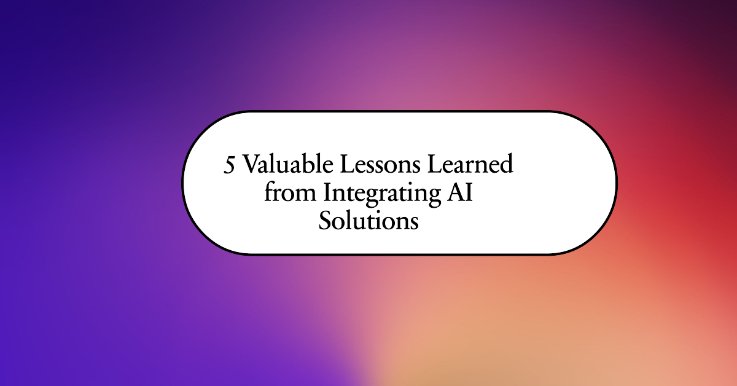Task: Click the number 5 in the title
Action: (230, 167)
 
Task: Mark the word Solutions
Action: (368, 220)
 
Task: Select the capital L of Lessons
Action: (349, 165)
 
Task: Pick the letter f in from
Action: (269, 192)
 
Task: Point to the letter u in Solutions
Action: (356, 222)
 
